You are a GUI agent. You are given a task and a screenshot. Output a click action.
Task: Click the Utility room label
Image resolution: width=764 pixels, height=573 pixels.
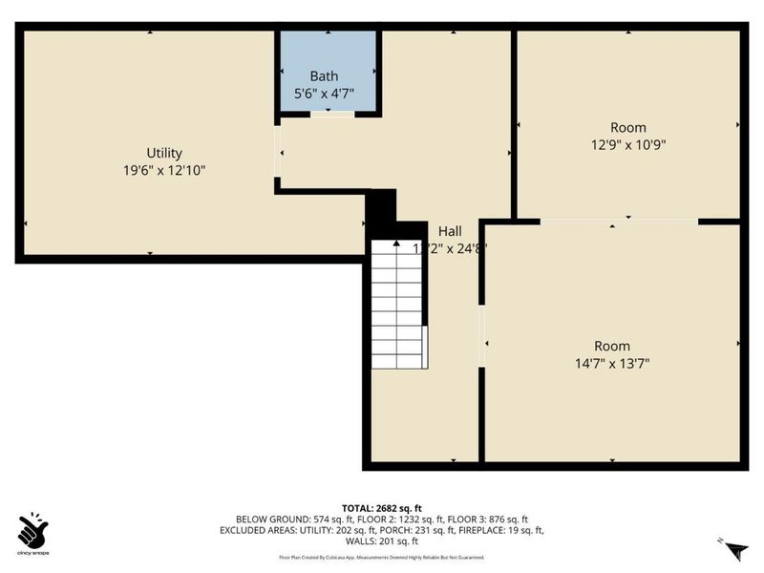click(x=164, y=153)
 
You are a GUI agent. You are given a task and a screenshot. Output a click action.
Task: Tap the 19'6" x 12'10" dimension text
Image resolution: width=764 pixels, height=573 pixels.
click(x=164, y=170)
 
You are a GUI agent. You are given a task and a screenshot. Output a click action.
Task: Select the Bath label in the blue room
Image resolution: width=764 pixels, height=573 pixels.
click(x=324, y=76)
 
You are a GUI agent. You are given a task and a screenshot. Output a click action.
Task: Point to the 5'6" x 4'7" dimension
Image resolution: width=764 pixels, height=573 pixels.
click(x=324, y=94)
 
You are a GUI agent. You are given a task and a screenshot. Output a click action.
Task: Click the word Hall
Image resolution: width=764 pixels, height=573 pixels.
click(x=450, y=231)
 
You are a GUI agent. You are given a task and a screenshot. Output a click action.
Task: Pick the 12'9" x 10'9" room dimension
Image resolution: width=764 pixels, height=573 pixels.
click(x=627, y=145)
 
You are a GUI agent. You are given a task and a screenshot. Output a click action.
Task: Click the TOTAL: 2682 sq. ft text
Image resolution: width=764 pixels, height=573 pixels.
click(x=381, y=508)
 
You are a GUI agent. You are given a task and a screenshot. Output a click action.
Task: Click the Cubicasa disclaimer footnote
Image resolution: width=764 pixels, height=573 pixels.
click(x=381, y=557)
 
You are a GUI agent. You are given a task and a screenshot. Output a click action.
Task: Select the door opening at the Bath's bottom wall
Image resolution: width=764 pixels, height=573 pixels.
click(x=331, y=115)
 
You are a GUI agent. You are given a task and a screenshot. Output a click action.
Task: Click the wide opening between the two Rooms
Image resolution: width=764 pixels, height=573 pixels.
click(x=619, y=222)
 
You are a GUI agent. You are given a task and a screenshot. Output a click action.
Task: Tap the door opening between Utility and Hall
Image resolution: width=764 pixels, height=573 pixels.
click(x=278, y=153)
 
